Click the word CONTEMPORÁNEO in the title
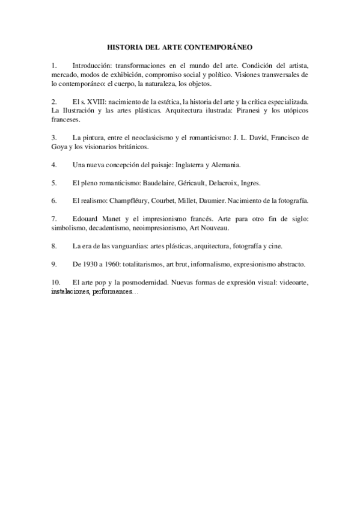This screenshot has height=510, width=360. click(221, 46)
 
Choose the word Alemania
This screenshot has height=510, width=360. click(225, 164)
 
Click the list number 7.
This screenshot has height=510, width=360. click(54, 219)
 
